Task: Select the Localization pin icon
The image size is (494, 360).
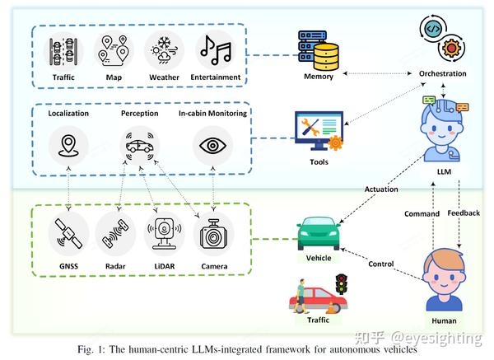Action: click(x=68, y=146)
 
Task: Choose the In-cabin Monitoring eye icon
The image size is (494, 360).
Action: click(x=213, y=146)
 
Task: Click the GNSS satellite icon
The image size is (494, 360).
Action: click(x=68, y=233)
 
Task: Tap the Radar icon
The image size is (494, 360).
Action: click(x=115, y=233)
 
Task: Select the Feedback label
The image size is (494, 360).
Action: click(x=463, y=213)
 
